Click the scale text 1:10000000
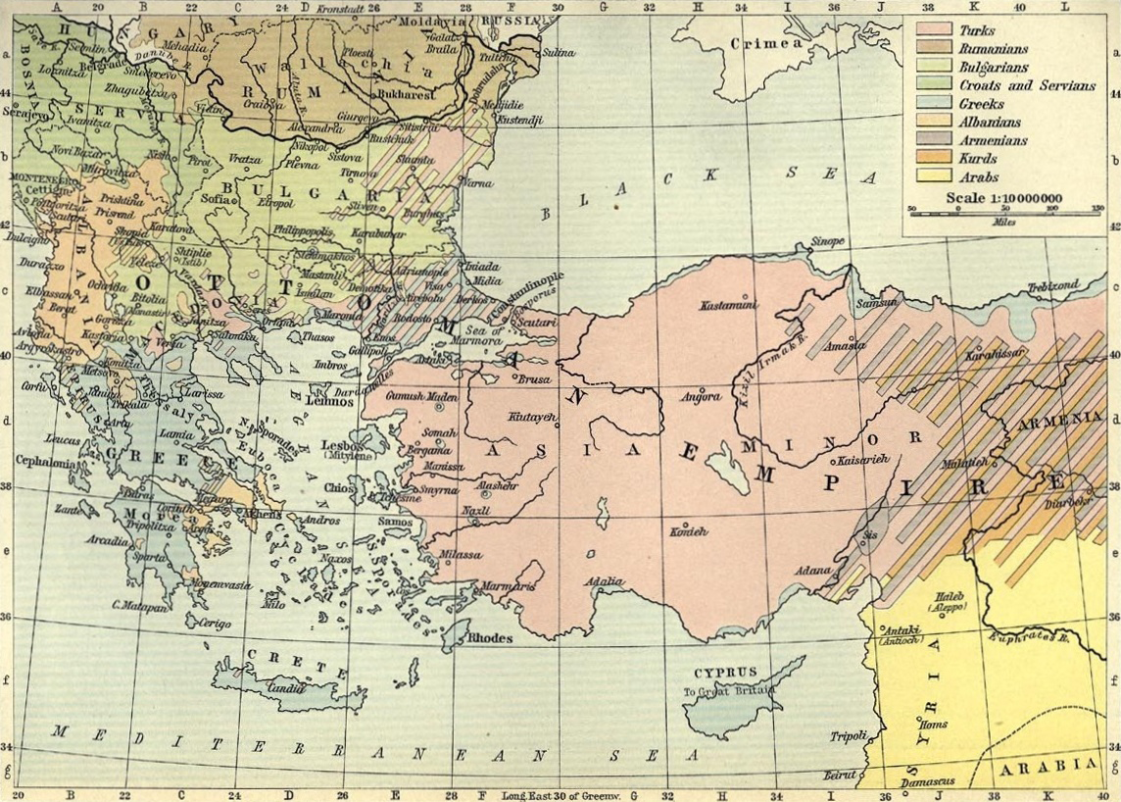tap(1018, 198)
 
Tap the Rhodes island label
tap(490, 638)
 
